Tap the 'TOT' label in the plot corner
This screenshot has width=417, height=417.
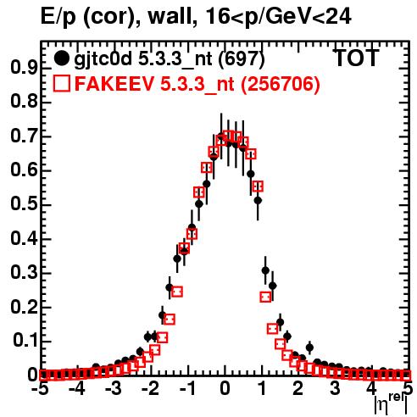pos(356,58)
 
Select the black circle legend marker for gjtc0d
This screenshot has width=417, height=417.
pos(61,58)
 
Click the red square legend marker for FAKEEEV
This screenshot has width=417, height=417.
pos(61,83)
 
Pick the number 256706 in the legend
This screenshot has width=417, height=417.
pos(280,84)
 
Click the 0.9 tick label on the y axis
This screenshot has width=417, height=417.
pos(24,68)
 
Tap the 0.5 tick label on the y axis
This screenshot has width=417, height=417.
pos(24,204)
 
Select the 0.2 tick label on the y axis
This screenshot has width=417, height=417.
pos(24,307)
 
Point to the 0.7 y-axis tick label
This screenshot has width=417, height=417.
pos(24,136)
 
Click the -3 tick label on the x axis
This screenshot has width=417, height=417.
pos(114,388)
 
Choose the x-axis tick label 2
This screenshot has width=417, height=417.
pos(297,388)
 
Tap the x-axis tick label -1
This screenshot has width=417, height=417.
pos(187,388)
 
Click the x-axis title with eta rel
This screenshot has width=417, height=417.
pos(392,403)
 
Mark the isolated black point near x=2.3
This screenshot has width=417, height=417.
pos(309,347)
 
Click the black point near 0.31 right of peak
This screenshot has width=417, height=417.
pos(265,270)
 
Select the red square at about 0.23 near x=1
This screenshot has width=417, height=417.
pos(265,297)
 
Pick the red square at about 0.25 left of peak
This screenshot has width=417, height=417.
pos(177,292)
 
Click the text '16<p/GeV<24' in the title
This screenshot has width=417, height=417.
pos(278,16)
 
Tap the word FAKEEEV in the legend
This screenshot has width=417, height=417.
pos(114,84)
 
